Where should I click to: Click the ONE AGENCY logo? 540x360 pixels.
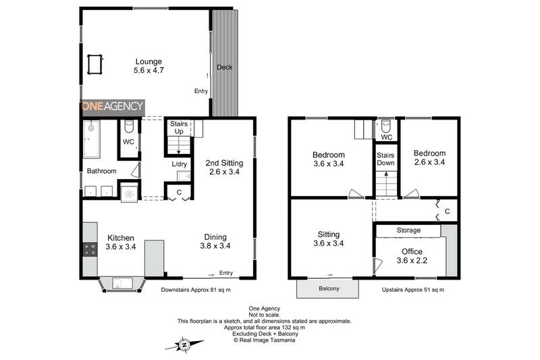[113, 106]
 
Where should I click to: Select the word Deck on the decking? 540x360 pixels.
[224, 68]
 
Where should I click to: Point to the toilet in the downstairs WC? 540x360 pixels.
[128, 128]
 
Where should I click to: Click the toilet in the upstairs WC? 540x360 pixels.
[386, 126]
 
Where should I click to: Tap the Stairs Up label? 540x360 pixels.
[178, 128]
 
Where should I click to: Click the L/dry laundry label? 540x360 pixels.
[179, 164]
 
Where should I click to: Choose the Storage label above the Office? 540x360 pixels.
[408, 230]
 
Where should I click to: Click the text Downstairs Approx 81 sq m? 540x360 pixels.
[196, 290]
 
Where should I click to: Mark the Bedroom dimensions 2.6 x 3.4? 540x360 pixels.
[429, 163]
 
